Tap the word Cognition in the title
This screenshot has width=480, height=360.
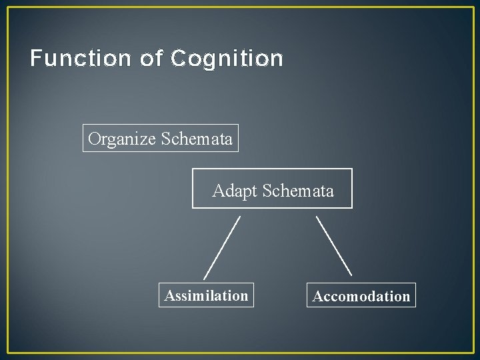point(227,59)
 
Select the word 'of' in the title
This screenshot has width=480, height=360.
point(151,59)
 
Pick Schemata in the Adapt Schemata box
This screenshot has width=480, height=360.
point(298,191)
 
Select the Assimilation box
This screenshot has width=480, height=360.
point(207,295)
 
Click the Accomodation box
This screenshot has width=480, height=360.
point(361,296)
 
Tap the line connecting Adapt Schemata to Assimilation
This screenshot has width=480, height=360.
point(222,246)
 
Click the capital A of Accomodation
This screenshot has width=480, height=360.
point(318,297)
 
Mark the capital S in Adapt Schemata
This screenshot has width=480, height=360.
point(268,191)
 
